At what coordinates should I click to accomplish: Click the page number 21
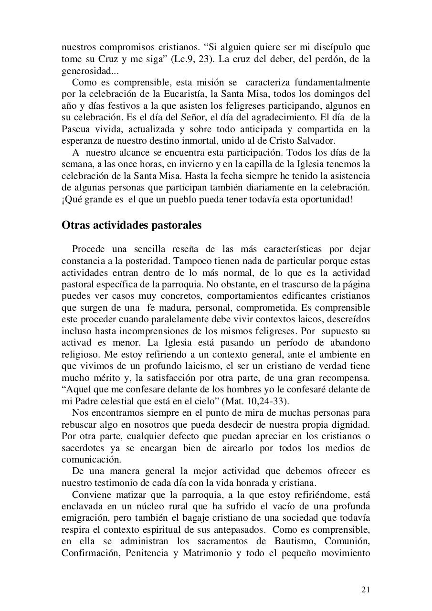[365, 590]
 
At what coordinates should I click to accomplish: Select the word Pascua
[74, 129]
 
